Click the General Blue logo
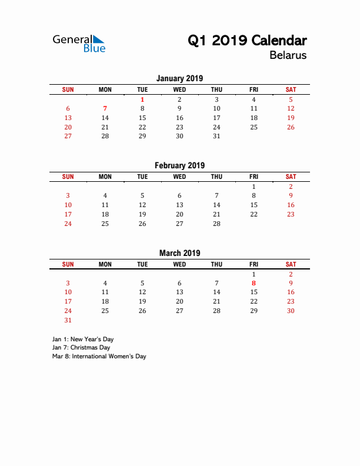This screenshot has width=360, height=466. pos(79,44)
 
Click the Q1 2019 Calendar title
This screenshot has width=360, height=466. pos(247,41)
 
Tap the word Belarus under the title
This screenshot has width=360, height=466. pos(288,56)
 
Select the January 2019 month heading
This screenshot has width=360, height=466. pos(179,78)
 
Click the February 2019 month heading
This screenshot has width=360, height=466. pos(179,165)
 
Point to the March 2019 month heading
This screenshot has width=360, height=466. pos(179,253)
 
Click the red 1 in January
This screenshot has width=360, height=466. pos(142,99)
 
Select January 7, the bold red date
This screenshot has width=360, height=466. pos(105,108)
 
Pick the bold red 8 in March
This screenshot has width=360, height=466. pos(254,283)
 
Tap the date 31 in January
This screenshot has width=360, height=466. pos(216,136)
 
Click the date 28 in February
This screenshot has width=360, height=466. pos(216,224)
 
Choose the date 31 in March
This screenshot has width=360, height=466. pos(68,320)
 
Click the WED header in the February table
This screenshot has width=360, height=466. pos(179,177)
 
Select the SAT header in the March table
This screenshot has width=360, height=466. pos(291,264)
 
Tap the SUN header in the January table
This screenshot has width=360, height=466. pos(68,89)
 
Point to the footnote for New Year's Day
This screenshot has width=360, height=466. pos(83,339)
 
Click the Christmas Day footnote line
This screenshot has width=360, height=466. pos(81,348)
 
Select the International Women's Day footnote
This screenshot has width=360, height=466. pos(99,356)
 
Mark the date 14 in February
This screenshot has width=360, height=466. pos(216,205)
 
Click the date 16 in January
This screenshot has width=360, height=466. pos(179,118)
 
